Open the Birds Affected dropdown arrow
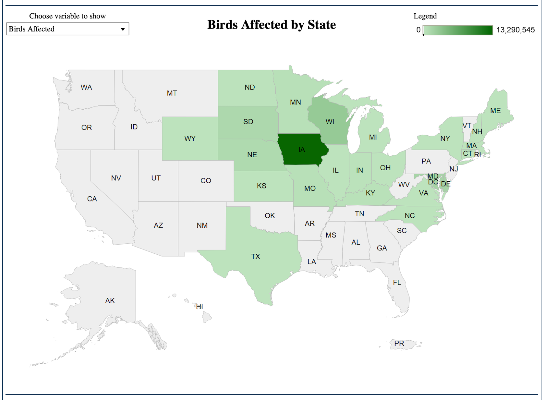coord(123,29)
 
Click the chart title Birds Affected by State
coord(272,25)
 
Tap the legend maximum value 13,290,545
coord(515,30)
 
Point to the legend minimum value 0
coord(418,30)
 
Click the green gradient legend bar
coord(458,30)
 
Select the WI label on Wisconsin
coord(330,122)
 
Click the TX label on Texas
coord(255,257)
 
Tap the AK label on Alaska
coord(110,301)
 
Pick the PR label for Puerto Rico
coord(399,344)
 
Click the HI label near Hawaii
coord(200,307)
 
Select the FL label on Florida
coord(397,283)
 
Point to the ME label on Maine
coord(495,111)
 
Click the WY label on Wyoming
coord(190,139)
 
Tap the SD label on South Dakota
coord(248,122)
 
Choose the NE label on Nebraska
coord(252,155)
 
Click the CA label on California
coord(92,199)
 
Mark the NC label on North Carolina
coord(409,216)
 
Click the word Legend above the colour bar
coord(425,16)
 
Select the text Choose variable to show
coord(67,16)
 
